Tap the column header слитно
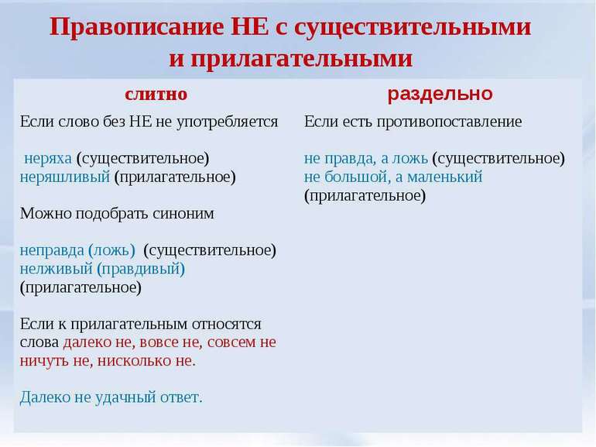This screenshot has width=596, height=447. point(156,94)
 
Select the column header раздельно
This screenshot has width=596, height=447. point(440,94)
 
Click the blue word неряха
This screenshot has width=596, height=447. point(48,159)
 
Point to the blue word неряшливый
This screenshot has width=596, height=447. point(64,177)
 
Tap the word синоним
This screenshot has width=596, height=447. point(183,213)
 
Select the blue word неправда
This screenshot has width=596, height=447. point(52,251)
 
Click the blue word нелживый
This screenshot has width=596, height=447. point(56,270)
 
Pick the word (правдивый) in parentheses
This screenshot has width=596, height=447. point(141,270)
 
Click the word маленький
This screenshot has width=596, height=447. point(444,177)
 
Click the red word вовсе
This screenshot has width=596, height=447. point(159,342)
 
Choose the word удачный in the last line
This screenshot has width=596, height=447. point(125,398)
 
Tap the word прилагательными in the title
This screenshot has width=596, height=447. point(301,60)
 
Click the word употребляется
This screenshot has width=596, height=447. point(228,122)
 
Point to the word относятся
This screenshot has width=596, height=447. point(227,325)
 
